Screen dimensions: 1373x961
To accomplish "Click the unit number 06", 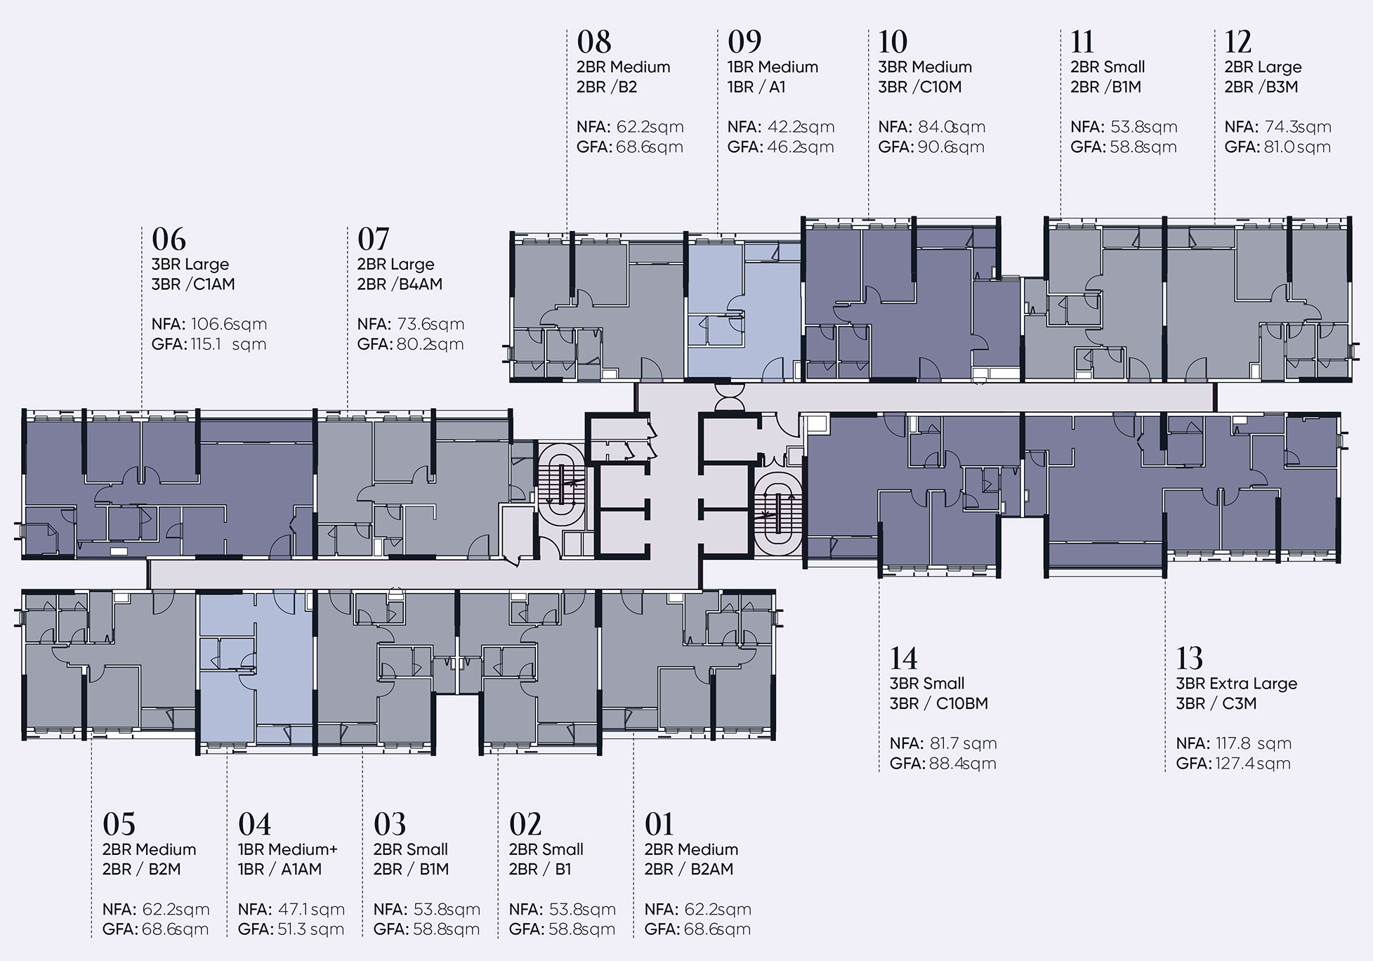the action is pyautogui.click(x=169, y=240).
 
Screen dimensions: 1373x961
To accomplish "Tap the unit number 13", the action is pyautogui.click(x=1190, y=658).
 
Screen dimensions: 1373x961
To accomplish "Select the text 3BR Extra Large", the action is pyautogui.click(x=1237, y=684).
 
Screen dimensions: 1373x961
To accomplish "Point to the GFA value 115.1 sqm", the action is pyautogui.click(x=228, y=344).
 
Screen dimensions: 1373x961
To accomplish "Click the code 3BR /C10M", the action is pyautogui.click(x=920, y=87).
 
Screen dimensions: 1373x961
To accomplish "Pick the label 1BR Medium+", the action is pyautogui.click(x=288, y=849).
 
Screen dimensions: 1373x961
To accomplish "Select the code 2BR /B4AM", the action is pyautogui.click(x=400, y=285).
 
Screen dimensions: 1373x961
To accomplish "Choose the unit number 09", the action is pyautogui.click(x=744, y=42).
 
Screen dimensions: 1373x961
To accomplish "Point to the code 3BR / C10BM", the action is pyautogui.click(x=939, y=704).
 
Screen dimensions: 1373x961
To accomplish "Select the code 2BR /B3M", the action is pyautogui.click(x=1261, y=87).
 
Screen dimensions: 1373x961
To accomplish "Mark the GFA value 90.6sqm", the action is pyautogui.click(x=950, y=148).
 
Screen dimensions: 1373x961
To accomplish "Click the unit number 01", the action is pyautogui.click(x=659, y=824).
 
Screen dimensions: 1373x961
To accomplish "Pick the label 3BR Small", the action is pyautogui.click(x=927, y=684).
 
